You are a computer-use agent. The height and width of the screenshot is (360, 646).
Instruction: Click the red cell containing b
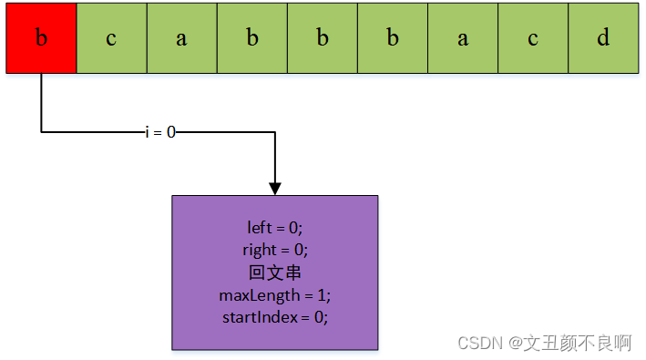click(41, 38)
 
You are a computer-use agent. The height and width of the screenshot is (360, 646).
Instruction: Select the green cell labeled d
click(603, 38)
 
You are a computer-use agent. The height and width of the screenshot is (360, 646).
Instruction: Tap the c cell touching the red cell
click(111, 38)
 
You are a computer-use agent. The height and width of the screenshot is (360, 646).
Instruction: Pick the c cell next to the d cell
click(533, 38)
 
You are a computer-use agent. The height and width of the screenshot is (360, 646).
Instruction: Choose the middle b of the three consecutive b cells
click(322, 38)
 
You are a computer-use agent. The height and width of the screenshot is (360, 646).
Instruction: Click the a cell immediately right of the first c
click(181, 38)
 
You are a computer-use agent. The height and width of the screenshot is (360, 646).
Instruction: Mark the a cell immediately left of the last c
click(463, 38)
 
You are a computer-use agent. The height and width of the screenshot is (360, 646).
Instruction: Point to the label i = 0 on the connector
click(160, 132)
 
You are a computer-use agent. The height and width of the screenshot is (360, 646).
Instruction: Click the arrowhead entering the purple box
click(275, 188)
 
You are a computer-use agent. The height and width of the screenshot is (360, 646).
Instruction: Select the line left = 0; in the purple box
click(274, 227)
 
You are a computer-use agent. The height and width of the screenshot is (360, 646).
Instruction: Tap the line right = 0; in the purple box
click(274, 249)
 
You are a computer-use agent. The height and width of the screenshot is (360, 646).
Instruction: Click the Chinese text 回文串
click(274, 272)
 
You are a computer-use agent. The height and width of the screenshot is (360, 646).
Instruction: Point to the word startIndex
click(259, 317)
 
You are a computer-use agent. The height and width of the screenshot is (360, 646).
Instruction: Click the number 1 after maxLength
click(321, 295)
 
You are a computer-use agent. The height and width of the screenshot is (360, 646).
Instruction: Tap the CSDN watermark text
click(481, 343)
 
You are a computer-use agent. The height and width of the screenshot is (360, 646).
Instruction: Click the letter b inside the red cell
click(41, 38)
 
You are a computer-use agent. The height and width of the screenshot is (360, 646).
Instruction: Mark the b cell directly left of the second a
click(393, 38)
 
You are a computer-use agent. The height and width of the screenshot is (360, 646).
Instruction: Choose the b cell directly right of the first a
click(251, 38)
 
